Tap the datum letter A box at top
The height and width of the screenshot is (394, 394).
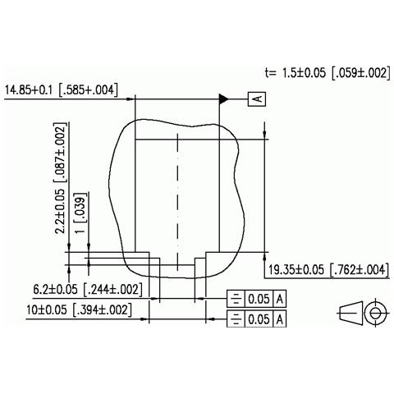click(x=256, y=99)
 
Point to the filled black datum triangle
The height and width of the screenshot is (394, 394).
click(x=222, y=99)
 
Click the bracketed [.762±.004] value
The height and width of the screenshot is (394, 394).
click(x=358, y=269)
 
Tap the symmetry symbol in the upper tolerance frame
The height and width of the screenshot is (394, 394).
click(x=236, y=299)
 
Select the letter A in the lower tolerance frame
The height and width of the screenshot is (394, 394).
click(x=280, y=318)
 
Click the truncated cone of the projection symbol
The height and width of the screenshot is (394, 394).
click(x=350, y=314)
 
